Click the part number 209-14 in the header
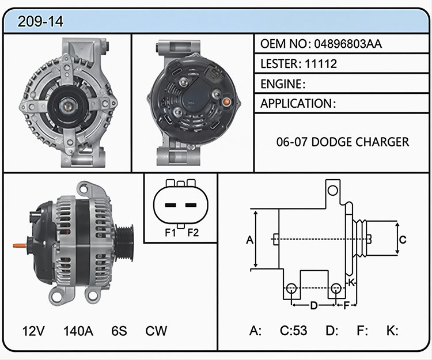coord(40,21)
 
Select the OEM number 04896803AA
coord(348,44)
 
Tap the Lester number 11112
coord(321,64)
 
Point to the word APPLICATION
coord(296,104)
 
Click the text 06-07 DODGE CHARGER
coord(343,142)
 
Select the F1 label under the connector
coord(170,233)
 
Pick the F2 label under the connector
coord(193,233)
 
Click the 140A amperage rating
coord(78,331)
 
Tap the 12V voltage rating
coord(33,331)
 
